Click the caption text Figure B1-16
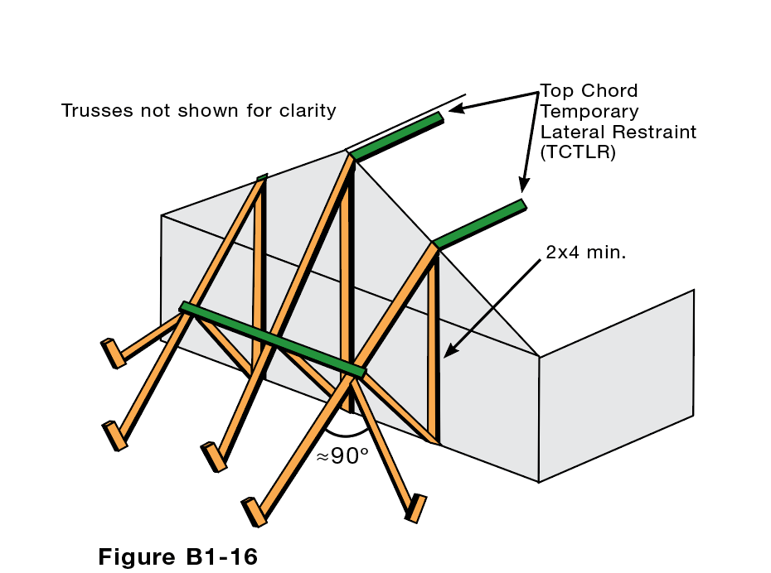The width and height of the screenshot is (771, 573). tap(177, 556)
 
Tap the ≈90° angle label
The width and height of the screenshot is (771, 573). tap(342, 456)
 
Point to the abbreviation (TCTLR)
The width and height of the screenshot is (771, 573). tap(578, 152)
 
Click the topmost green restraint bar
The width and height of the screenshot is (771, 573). tap(396, 136)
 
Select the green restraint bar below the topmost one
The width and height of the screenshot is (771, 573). tap(479, 224)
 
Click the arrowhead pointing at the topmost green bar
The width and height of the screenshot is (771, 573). tap(455, 108)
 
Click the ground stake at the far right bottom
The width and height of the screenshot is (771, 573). tap(415, 508)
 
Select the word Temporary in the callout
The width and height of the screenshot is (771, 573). tap(589, 111)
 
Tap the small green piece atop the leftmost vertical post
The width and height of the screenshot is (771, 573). tap(262, 176)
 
